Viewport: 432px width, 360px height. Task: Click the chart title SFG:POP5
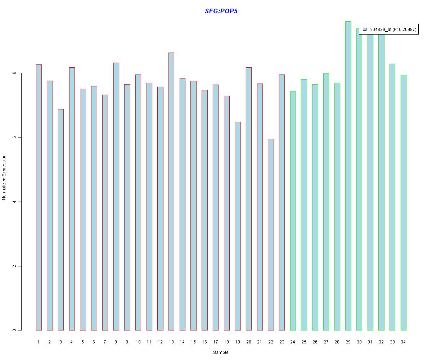(221, 11)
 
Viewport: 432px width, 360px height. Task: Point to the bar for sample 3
(61, 220)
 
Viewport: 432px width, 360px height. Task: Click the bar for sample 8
(116, 197)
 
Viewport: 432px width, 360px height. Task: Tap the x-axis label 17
(215, 342)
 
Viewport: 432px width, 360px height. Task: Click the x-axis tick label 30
(359, 342)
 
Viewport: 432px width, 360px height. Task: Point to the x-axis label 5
(83, 342)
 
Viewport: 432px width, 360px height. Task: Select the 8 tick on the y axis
(14, 73)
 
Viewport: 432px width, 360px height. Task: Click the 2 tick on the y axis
(14, 266)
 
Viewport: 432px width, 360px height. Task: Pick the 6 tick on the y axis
(14, 138)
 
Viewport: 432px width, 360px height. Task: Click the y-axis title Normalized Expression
(4, 177)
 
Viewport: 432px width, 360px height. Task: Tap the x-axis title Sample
(221, 352)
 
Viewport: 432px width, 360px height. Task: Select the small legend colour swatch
(365, 29)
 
